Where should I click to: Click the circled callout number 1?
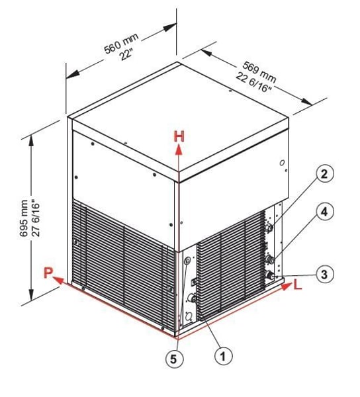[223, 357]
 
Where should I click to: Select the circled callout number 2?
[324, 174]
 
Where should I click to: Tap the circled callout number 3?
[324, 275]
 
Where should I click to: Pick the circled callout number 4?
[324, 212]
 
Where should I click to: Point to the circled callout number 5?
[174, 359]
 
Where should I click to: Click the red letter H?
[179, 136]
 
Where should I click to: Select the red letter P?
[48, 273]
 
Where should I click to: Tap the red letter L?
[298, 285]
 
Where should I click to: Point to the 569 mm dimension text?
[259, 71]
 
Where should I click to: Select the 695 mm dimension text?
[24, 218]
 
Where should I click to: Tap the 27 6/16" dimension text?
[36, 218]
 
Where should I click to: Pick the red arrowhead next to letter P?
[58, 280]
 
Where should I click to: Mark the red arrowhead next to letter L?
[287, 287]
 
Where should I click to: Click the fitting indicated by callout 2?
[270, 228]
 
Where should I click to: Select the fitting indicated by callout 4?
[271, 259]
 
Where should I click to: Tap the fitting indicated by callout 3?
[271, 275]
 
